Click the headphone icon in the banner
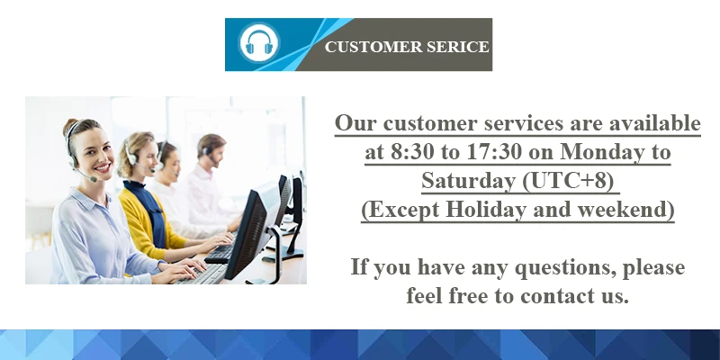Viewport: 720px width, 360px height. pos(259,44)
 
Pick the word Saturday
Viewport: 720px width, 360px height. pos(468,181)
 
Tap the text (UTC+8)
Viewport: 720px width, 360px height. pos(567,181)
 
